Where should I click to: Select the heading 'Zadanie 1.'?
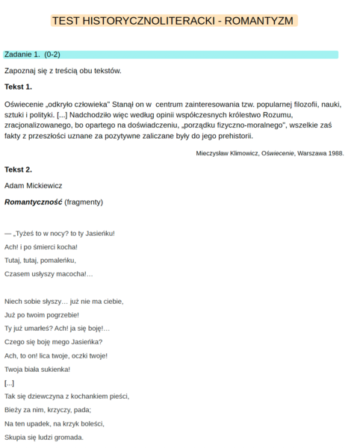[x=22, y=55]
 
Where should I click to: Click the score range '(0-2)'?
[x=52, y=55]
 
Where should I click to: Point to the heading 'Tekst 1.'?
[x=18, y=87]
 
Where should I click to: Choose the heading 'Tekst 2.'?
[x=18, y=169]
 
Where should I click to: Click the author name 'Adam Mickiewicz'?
[x=34, y=185]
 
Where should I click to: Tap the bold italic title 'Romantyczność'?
[x=33, y=202]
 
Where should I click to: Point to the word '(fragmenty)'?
[x=84, y=202]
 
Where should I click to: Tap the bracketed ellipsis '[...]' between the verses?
[x=9, y=382]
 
